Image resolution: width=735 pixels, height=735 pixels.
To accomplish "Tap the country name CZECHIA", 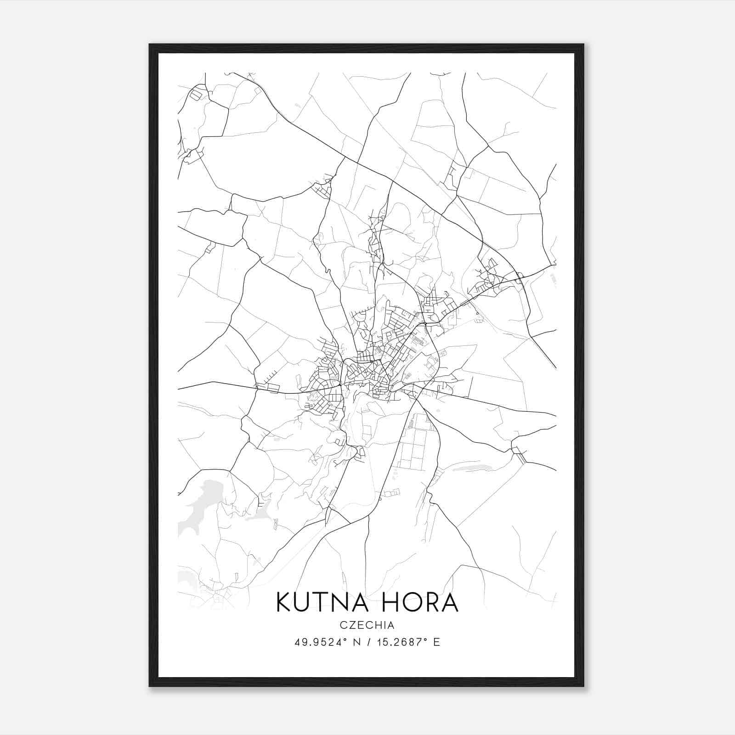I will click(x=367, y=625).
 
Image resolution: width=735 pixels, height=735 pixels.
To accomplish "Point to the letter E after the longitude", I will click(x=437, y=642).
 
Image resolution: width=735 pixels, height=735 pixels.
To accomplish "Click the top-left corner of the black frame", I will click(x=150, y=45).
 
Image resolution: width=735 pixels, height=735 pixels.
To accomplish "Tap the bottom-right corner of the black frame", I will click(x=583, y=686).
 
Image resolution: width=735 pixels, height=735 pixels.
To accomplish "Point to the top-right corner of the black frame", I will click(x=583, y=45).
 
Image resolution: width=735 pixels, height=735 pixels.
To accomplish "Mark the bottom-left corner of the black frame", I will click(x=150, y=686).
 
